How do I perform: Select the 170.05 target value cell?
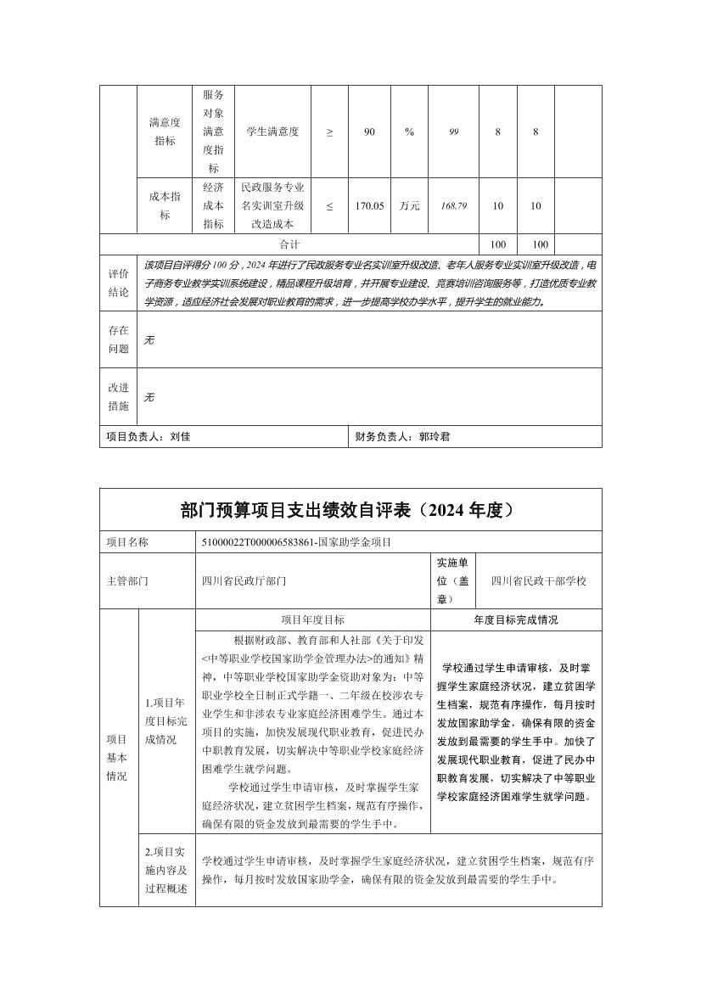[370, 205]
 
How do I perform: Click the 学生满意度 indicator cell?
[272, 132]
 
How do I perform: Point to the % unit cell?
[409, 132]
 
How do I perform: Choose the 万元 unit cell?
[409, 205]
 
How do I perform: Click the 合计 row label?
[289, 244]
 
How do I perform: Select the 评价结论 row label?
[118, 283]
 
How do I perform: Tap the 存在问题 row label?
[118, 339]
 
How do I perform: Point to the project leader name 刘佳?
[181, 437]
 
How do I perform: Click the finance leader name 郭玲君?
[435, 437]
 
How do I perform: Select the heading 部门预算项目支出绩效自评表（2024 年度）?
[350, 510]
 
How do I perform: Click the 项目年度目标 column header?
[312, 620]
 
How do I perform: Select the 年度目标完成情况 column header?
[516, 620]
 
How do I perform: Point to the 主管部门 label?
[127, 581]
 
